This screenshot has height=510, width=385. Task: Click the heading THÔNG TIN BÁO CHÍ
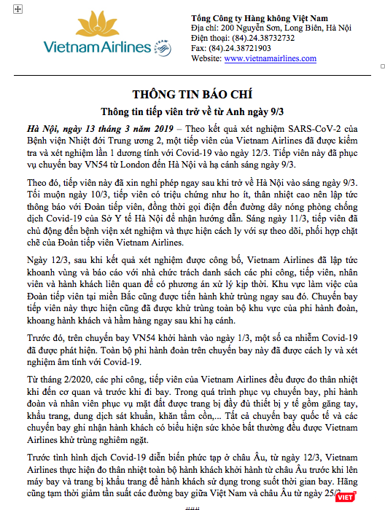pyautogui.click(x=192, y=95)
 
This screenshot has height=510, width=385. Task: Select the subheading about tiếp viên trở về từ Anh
pyautogui.click(x=192, y=111)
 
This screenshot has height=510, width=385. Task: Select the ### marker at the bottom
pyautogui.click(x=192, y=505)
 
